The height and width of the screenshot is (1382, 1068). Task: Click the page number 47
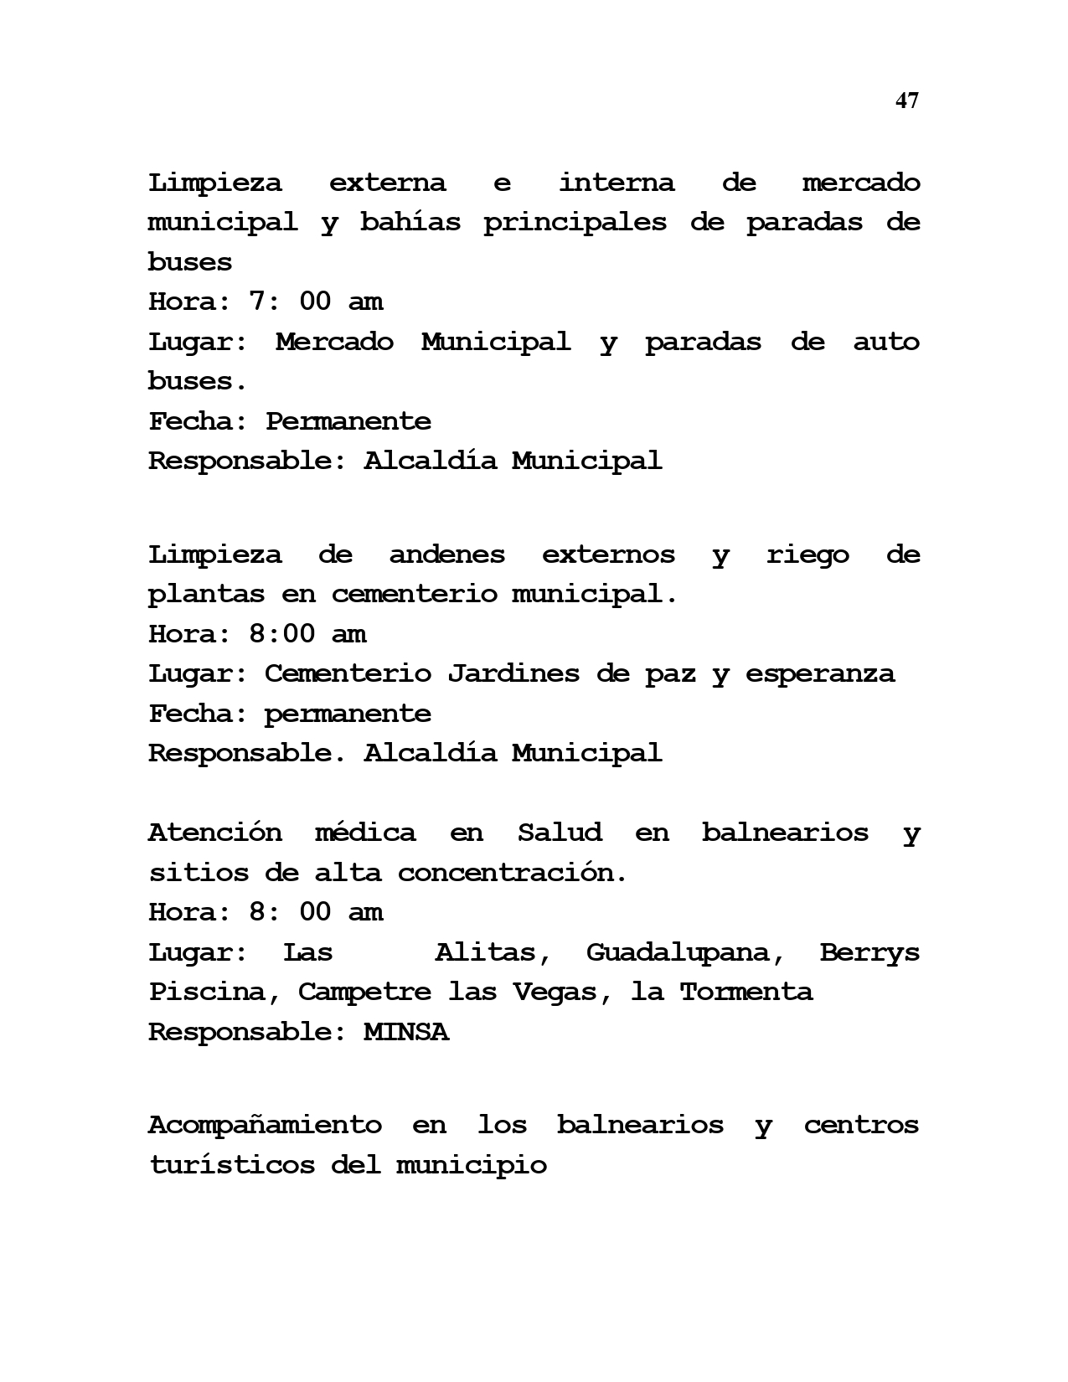coord(906,101)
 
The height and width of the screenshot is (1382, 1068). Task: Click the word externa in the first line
coord(387,183)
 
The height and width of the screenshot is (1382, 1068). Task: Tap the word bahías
coord(410,223)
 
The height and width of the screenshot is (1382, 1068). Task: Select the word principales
coord(575,223)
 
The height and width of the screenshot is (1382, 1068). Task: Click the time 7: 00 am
coord(315,302)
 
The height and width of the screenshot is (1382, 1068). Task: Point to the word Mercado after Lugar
coord(333,342)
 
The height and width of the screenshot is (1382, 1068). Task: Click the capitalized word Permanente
coord(348,421)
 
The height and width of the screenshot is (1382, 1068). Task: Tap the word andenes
coord(446,554)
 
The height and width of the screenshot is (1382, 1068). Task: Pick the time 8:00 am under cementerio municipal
coord(307,634)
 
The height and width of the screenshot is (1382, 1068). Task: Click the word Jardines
coord(513,674)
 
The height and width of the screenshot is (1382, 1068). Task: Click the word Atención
coord(214,833)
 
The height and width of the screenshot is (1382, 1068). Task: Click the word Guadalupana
coord(677,952)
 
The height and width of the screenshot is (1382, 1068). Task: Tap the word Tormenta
coord(746,993)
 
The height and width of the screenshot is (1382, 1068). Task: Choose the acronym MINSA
coord(405,1032)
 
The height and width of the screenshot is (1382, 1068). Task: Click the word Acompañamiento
coord(265,1125)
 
